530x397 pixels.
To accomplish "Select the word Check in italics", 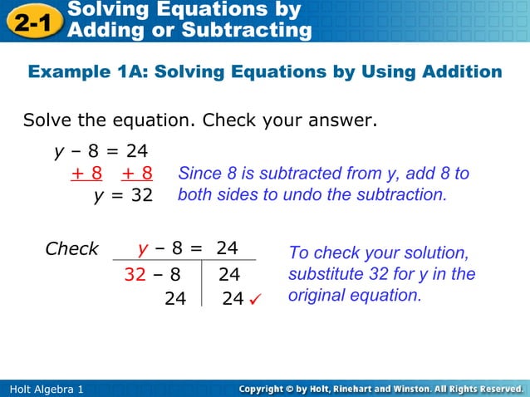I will click(x=71, y=248).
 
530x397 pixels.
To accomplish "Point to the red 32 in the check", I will click(x=135, y=273).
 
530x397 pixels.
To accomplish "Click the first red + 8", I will click(x=86, y=174).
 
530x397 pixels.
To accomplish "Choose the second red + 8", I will click(x=136, y=174).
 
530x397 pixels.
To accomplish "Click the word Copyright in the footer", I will click(x=264, y=389).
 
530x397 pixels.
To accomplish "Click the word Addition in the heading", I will click(x=462, y=72).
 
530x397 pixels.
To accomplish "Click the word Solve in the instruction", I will click(x=48, y=120).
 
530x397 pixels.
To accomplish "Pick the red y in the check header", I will click(x=143, y=249).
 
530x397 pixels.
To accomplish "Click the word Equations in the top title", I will click(x=200, y=9).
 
